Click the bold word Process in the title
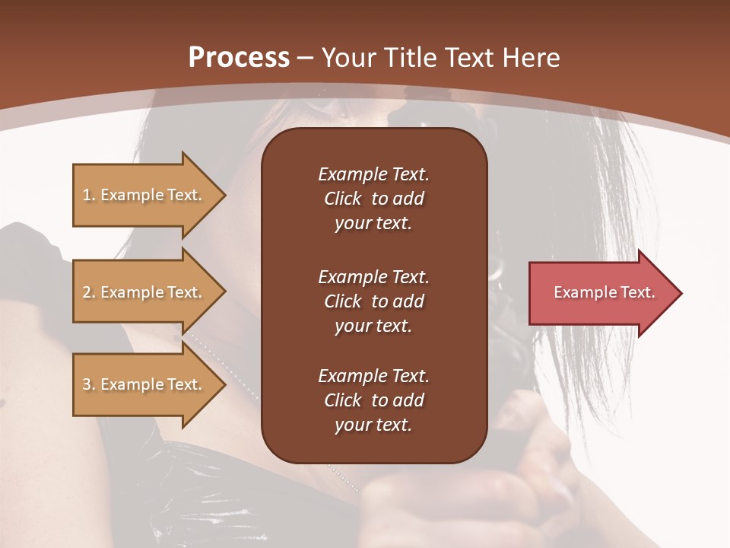pos(239,58)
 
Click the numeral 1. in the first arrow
pos(89,195)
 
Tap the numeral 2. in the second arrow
pos(89,292)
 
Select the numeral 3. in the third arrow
pos(89,384)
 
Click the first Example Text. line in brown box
pos(373,174)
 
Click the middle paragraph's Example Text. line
pos(373,276)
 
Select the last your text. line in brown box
pos(373,425)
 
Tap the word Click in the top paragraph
pos(342,199)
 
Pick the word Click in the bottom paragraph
pos(342,400)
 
